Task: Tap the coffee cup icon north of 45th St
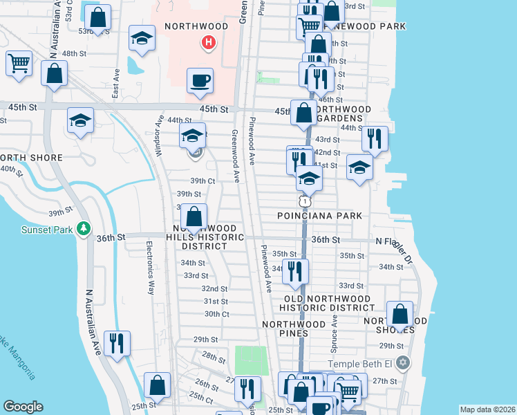(x=200, y=80)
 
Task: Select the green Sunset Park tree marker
(x=84, y=228)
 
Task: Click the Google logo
(x=23, y=407)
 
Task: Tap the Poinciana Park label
(x=319, y=216)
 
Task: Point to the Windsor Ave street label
(x=159, y=136)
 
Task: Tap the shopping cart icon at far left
(x=19, y=63)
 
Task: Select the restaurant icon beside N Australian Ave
(x=116, y=343)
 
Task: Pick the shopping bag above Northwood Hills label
(x=194, y=216)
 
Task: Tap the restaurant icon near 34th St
(x=296, y=271)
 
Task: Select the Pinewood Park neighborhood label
(x=366, y=26)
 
